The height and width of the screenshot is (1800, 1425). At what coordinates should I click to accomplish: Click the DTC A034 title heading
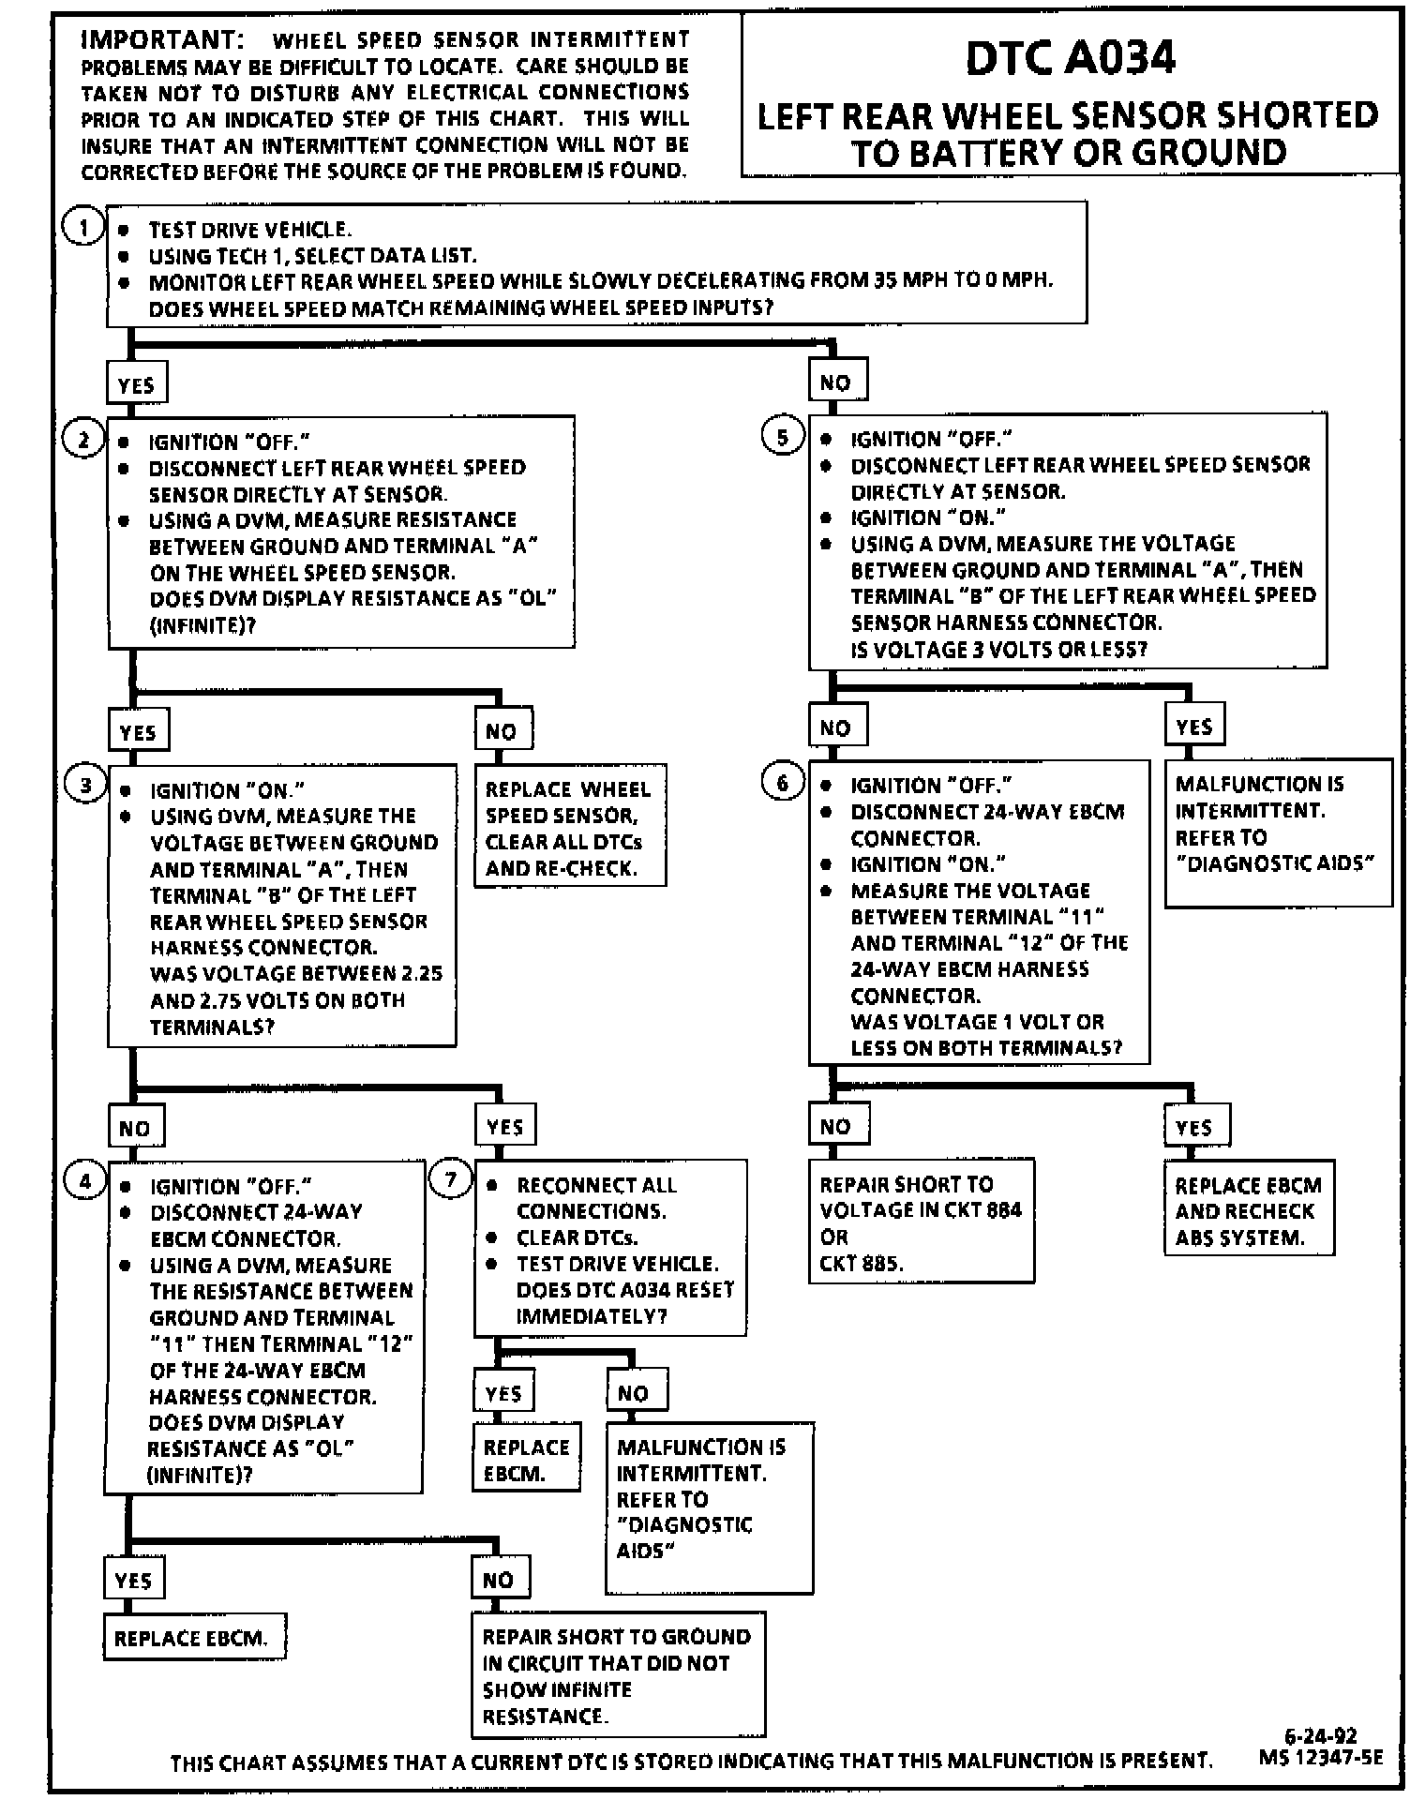tap(1070, 58)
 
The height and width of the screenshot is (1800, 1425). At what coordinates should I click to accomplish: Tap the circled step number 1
tap(83, 228)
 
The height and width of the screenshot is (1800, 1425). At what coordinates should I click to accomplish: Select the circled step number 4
tap(84, 1181)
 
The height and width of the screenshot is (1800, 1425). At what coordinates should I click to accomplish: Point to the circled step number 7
tap(450, 1179)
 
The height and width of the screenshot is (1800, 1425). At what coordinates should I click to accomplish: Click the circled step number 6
tap(783, 783)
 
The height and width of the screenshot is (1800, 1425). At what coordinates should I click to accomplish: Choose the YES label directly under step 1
tap(136, 384)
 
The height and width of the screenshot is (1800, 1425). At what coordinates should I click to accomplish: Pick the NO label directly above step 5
tap(836, 382)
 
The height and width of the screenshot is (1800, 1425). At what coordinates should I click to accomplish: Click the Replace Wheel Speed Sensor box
tap(569, 828)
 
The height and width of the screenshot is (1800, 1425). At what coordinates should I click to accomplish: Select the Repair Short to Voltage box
tap(921, 1222)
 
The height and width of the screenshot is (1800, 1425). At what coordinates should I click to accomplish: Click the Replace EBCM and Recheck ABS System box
tap(1248, 1210)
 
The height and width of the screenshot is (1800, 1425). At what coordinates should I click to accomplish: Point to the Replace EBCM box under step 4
tap(192, 1638)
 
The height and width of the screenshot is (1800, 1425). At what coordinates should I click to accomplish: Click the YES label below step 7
tap(504, 1393)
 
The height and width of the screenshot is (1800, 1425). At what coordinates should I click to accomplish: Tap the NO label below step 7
tap(635, 1393)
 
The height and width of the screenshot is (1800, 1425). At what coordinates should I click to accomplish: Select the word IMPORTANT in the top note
tap(160, 39)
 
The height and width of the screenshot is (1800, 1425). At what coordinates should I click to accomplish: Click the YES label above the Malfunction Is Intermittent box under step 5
tap(1194, 727)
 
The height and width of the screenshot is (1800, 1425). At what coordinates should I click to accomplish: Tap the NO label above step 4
tap(135, 1128)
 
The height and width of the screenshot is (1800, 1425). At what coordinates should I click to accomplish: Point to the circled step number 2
tap(83, 440)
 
